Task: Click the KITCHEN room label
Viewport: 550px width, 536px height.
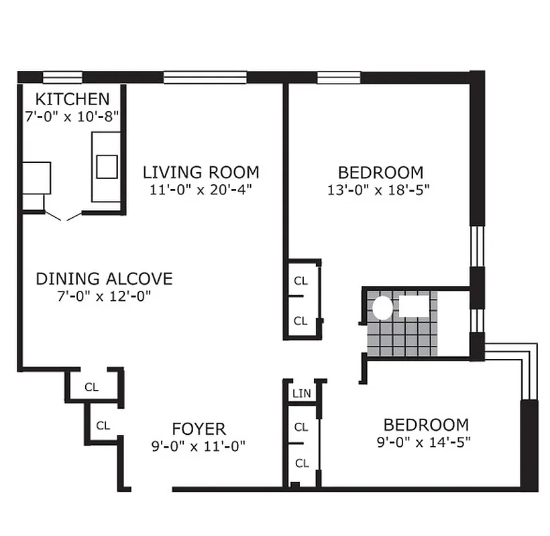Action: pyautogui.click(x=72, y=99)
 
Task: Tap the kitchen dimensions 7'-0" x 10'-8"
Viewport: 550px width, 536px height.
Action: pyautogui.click(x=72, y=116)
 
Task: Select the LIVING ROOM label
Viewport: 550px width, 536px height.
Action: pyautogui.click(x=201, y=172)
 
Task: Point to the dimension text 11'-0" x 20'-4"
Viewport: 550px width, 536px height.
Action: pyautogui.click(x=201, y=190)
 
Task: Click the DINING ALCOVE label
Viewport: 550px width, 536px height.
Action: pyautogui.click(x=104, y=279)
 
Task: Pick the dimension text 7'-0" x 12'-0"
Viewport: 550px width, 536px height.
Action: pyautogui.click(x=104, y=296)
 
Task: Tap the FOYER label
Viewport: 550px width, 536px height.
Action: pyautogui.click(x=199, y=429)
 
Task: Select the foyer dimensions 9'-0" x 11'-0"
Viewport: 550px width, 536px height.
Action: pyautogui.click(x=199, y=446)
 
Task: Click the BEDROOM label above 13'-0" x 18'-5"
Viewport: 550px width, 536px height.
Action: pyautogui.click(x=380, y=172)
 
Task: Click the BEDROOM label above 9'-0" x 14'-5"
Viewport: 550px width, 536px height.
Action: pyautogui.click(x=426, y=425)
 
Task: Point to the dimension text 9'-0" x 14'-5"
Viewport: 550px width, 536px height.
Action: pyautogui.click(x=426, y=442)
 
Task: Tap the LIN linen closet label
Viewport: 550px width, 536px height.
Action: pyautogui.click(x=301, y=393)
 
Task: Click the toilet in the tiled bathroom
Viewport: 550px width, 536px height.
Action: pyautogui.click(x=382, y=308)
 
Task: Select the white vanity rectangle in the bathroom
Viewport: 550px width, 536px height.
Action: pyautogui.click(x=417, y=306)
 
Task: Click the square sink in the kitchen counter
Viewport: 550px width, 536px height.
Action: pyautogui.click(x=107, y=166)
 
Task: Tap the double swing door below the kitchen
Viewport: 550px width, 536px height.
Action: pyautogui.click(x=64, y=216)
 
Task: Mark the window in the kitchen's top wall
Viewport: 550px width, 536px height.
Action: pyautogui.click(x=62, y=76)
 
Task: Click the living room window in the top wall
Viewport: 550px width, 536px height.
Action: pyautogui.click(x=205, y=77)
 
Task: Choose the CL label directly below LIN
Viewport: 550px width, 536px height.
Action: pyautogui.click(x=301, y=427)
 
